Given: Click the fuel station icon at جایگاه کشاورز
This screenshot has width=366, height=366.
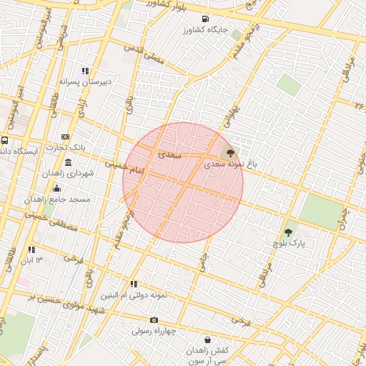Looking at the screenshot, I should tap(206, 19).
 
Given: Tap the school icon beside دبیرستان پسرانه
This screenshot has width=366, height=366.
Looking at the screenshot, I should tap(86, 71).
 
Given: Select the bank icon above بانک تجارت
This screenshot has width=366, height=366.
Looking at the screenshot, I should tap(65, 137).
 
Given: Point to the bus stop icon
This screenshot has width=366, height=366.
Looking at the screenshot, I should tap(5, 140).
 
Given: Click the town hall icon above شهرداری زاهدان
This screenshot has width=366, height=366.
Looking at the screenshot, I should tap(68, 162).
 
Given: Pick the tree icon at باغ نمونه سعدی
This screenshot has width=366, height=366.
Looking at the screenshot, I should tap(229, 152).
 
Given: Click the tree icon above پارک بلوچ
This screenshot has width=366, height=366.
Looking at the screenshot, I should tap(288, 232).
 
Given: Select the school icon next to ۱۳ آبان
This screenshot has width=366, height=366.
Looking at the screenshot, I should tap(32, 249).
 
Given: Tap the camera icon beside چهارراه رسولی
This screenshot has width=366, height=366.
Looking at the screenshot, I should tap(154, 320).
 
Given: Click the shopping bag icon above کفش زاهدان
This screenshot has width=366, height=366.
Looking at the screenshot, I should tap(208, 340).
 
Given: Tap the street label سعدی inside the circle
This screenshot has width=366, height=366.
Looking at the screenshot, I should tap(172, 154).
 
